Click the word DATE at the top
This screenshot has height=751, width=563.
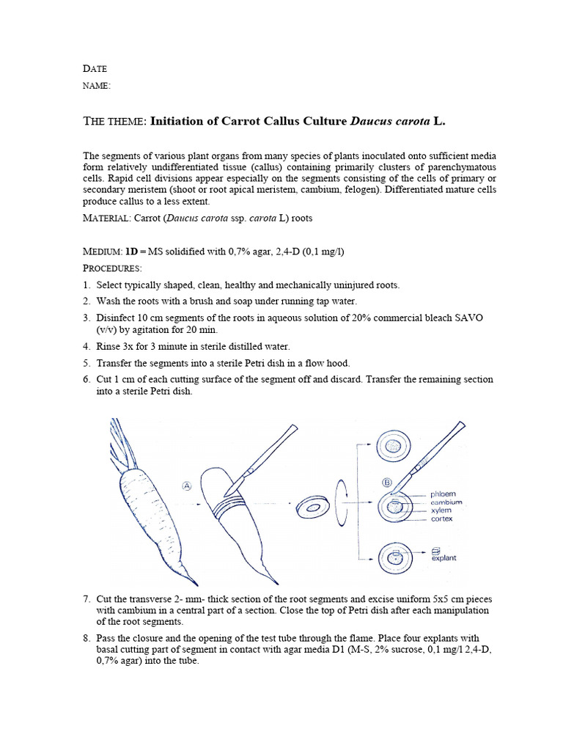(x=95, y=69)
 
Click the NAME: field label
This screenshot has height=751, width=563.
(x=97, y=86)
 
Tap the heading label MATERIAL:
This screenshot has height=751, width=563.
(x=107, y=219)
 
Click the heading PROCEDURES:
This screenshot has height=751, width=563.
(x=112, y=268)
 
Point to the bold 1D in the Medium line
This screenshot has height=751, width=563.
(x=132, y=252)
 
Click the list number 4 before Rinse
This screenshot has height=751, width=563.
(x=87, y=346)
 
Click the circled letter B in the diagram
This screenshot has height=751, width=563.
(x=387, y=482)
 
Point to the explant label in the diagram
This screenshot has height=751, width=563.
(x=444, y=558)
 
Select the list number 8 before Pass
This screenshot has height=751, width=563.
(x=87, y=639)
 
